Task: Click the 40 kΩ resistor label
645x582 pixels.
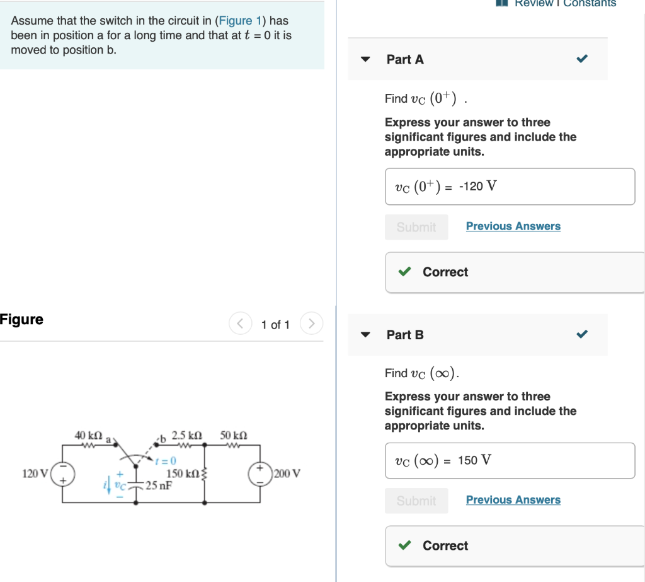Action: [88, 436]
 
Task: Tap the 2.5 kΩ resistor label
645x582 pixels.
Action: [186, 436]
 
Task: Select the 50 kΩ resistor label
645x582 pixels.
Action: [234, 436]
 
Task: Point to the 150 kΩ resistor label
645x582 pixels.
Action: [183, 474]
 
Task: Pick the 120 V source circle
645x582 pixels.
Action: [62, 474]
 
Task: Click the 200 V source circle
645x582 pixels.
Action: [260, 474]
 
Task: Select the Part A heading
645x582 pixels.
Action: [405, 59]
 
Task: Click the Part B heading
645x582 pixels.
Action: [405, 335]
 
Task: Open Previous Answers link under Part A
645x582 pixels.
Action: [513, 226]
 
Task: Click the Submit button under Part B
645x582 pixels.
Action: [416, 501]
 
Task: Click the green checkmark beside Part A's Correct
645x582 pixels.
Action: [404, 272]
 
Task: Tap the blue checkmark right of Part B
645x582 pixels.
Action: [582, 335]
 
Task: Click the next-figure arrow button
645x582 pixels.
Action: [311, 324]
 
